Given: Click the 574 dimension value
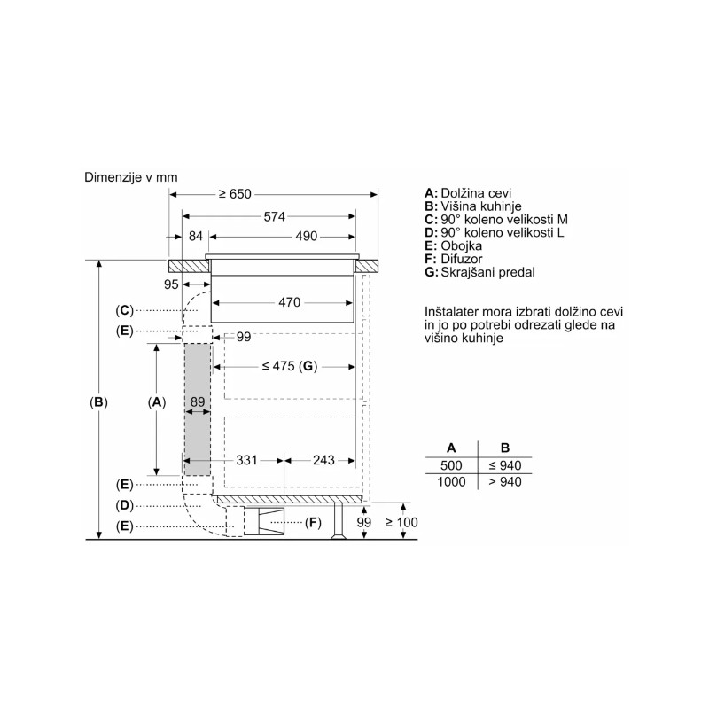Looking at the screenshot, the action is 275,216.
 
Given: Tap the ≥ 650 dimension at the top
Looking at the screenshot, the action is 235,194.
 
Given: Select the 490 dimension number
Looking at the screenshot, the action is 306,236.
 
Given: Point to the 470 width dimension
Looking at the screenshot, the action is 290,302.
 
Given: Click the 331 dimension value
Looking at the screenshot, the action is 247,460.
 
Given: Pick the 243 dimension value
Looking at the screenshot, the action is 323,460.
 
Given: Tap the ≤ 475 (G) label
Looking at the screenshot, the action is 290,366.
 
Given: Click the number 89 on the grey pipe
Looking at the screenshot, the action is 198,401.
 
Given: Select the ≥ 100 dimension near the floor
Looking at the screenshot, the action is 401,522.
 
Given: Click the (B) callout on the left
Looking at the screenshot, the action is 98,402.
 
